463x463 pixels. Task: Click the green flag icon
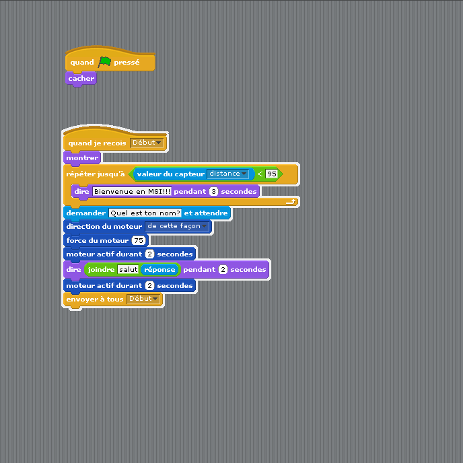point(104,62)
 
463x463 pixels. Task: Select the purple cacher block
point(81,79)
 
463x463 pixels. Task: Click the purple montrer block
point(82,158)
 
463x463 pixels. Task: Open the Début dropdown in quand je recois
point(147,143)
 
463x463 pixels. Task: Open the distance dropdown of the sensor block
point(227,174)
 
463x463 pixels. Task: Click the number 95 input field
point(272,174)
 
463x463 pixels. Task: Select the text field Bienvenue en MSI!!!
point(132,191)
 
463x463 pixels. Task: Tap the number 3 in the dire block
point(213,191)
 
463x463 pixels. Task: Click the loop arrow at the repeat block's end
point(291,202)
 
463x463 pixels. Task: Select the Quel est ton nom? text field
point(145,213)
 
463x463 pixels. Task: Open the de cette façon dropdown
point(177,227)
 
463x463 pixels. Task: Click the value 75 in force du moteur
point(139,240)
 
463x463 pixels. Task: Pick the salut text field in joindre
point(128,270)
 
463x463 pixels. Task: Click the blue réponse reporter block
point(159,270)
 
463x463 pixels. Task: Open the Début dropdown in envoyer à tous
point(143,299)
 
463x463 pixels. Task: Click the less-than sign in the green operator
point(260,174)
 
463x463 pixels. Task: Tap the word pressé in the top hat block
point(127,63)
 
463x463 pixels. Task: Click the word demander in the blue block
point(86,213)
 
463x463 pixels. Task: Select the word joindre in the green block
point(101,270)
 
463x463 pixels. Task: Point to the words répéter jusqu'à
point(96,174)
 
